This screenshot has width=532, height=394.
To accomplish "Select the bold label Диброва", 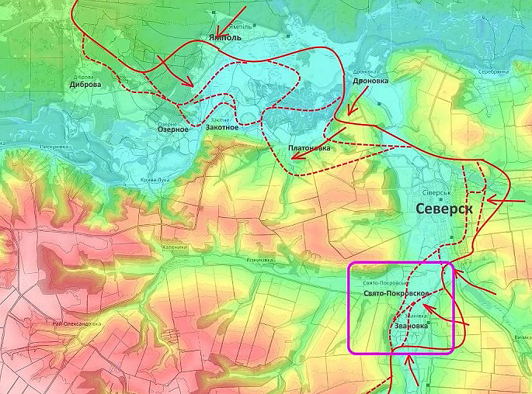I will pyautogui.click(x=85, y=85).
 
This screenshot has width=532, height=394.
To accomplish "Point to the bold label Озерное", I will pyautogui.click(x=173, y=130).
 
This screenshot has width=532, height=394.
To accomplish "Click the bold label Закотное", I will pyautogui.click(x=221, y=129).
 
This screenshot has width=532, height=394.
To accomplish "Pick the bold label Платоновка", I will pyautogui.click(x=305, y=147).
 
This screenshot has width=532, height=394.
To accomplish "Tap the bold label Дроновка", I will pyautogui.click(x=370, y=80).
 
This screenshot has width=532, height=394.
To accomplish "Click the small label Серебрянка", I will pyautogui.click(x=493, y=72).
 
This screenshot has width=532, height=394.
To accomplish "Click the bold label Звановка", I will pyautogui.click(x=412, y=327).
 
